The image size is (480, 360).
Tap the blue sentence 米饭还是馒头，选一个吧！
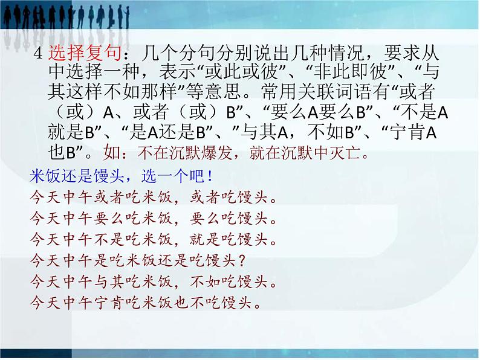120,177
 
